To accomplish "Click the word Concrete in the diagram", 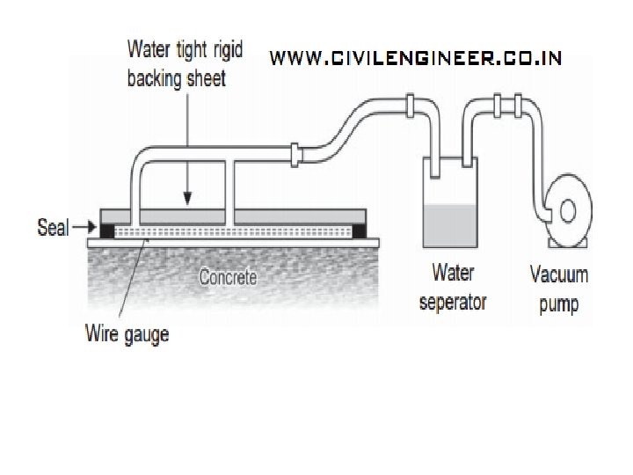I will click(x=228, y=278).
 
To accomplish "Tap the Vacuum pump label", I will click(x=558, y=289).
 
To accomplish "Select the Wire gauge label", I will click(x=127, y=333).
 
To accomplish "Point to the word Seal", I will click(x=53, y=229).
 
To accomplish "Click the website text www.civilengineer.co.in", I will click(x=415, y=59).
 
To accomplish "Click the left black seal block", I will click(x=107, y=231).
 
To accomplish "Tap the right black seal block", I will click(x=360, y=231).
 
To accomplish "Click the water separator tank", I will click(x=450, y=202).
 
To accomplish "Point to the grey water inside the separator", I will click(x=450, y=225).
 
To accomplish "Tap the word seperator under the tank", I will click(x=453, y=303).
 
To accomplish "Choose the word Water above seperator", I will click(x=453, y=274).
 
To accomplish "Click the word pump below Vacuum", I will click(x=558, y=304).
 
